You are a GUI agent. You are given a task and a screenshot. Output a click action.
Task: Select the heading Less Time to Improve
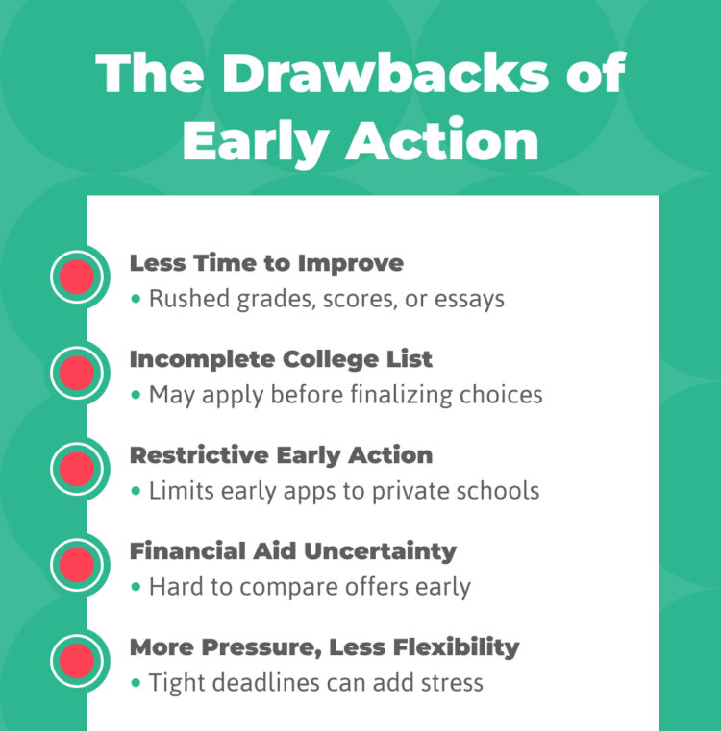(266, 263)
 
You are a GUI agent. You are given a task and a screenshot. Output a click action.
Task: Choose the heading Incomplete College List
(281, 359)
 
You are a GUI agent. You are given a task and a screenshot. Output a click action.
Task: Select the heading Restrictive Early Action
(281, 454)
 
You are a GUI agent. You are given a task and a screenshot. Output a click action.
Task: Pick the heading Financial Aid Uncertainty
(292, 550)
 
